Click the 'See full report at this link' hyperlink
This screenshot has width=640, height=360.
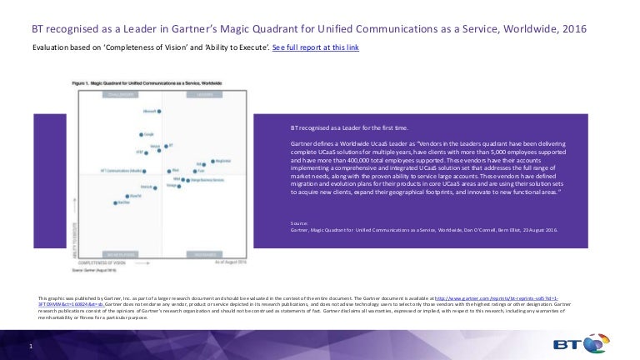click(x=317, y=48)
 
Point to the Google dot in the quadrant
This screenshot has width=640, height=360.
click(x=141, y=134)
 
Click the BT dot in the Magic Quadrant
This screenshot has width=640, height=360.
click(x=166, y=146)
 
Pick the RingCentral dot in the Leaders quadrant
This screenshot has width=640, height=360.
click(x=210, y=162)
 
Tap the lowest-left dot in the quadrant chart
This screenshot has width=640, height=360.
click(x=117, y=202)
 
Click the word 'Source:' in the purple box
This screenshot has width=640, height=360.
click(x=298, y=223)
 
